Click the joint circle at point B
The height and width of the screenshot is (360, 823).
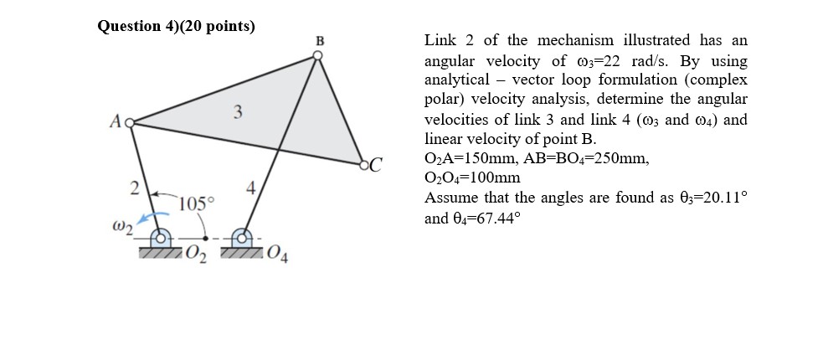point(317,56)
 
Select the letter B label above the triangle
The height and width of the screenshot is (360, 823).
point(319,40)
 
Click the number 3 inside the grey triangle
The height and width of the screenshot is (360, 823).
point(238,111)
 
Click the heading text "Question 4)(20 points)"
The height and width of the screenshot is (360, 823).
point(177,26)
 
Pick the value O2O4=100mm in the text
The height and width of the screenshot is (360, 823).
point(472,177)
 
